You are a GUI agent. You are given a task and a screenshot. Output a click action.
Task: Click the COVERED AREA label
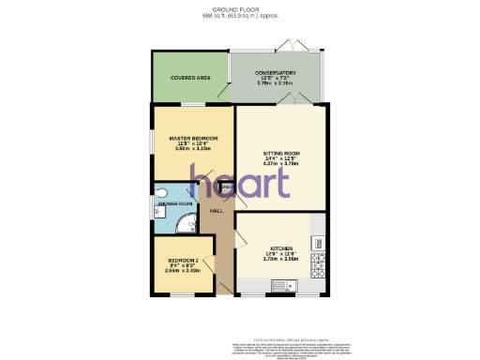coord(189,78)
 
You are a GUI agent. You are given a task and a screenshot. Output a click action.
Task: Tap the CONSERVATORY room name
coord(277,73)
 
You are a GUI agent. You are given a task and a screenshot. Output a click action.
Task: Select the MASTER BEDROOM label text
coord(192,139)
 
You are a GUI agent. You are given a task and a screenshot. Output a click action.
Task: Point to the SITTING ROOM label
coord(281,152)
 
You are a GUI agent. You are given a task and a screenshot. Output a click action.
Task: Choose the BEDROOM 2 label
coord(183,260)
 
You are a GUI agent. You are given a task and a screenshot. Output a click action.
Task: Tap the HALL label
coord(216,211)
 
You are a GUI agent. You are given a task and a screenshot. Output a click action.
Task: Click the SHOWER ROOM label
coord(174,203)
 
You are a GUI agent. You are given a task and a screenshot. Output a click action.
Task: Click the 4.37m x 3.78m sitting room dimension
coord(281,164)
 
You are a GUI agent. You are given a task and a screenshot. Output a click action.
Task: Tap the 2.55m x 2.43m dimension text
coord(183,270)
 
